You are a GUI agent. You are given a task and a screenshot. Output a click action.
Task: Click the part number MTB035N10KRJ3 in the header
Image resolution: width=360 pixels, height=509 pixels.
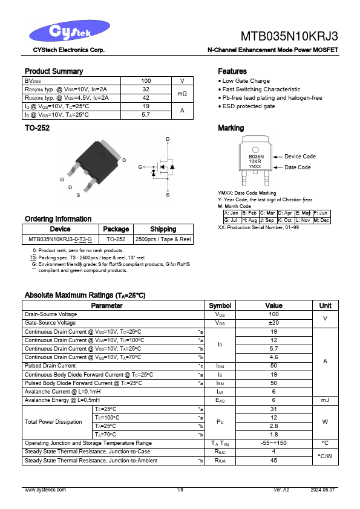click(x=289, y=35)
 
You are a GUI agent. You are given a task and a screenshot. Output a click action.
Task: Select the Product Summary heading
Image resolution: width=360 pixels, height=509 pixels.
click(x=54, y=71)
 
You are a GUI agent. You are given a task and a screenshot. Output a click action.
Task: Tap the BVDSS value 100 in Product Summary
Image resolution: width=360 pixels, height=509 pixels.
click(x=146, y=80)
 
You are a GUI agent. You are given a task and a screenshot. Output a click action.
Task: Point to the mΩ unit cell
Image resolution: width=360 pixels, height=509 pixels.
click(x=182, y=93)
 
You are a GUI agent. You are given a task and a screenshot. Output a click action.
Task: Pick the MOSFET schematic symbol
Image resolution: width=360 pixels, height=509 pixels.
click(x=162, y=167)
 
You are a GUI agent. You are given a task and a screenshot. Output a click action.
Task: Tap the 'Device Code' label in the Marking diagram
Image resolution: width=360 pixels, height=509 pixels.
click(x=300, y=157)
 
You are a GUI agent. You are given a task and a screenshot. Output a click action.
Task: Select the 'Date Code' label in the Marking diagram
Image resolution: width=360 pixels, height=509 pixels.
click(x=298, y=167)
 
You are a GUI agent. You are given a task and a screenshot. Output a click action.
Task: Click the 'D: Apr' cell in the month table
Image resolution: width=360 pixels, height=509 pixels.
click(x=285, y=213)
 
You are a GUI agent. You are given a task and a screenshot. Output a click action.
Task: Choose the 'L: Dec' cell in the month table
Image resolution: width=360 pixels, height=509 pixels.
click(x=321, y=220)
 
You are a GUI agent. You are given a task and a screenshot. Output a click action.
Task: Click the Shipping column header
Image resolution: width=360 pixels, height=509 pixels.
click(x=163, y=229)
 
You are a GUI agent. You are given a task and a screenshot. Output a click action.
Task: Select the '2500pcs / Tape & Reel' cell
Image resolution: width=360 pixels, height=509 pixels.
click(x=163, y=239)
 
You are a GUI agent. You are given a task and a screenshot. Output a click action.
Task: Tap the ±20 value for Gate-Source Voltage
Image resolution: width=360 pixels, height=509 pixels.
click(x=273, y=323)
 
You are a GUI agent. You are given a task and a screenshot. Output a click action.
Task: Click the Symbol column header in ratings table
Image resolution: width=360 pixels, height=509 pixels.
click(x=220, y=306)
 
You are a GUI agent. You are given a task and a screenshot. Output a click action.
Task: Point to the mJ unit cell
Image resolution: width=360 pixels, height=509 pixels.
click(x=325, y=400)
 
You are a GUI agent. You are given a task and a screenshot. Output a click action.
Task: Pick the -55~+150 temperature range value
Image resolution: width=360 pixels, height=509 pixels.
click(x=273, y=443)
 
